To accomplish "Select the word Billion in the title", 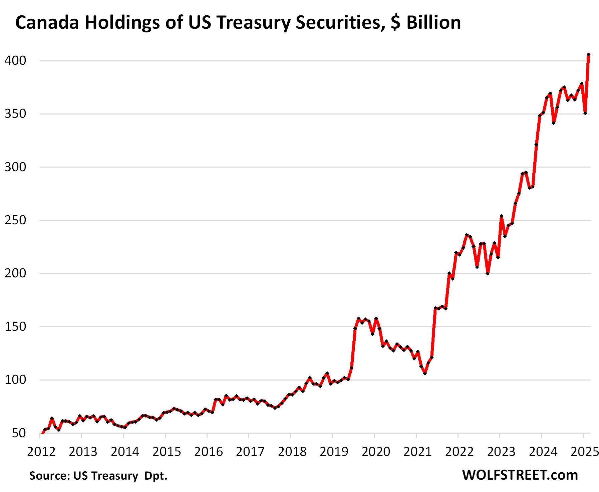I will click(433, 23).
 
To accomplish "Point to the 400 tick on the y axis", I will click(15, 61).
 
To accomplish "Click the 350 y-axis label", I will click(15, 114).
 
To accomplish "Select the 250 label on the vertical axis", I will click(15, 220).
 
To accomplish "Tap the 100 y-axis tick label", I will click(15, 380).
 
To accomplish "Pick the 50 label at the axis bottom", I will click(19, 433).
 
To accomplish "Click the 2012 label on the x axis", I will click(41, 452).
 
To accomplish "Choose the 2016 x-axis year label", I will click(208, 452).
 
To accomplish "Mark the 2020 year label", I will click(376, 452).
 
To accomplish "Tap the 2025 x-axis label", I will click(585, 452).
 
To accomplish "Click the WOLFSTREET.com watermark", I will click(520, 475).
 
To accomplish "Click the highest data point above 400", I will click(588, 54).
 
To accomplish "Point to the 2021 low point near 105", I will click(425, 373).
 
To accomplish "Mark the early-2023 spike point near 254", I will click(501, 216).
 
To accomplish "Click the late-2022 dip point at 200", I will click(488, 274).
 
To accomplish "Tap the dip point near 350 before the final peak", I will click(585, 113).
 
